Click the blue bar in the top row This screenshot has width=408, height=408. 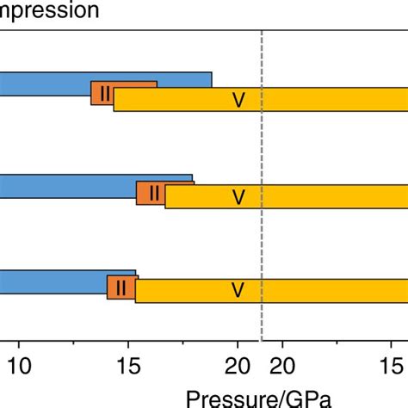click(x=52, y=83)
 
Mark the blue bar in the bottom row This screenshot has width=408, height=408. click(x=52, y=281)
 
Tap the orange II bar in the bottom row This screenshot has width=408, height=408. click(x=121, y=287)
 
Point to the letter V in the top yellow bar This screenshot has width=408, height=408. click(x=238, y=101)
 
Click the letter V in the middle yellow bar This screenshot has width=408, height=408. click(x=238, y=198)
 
